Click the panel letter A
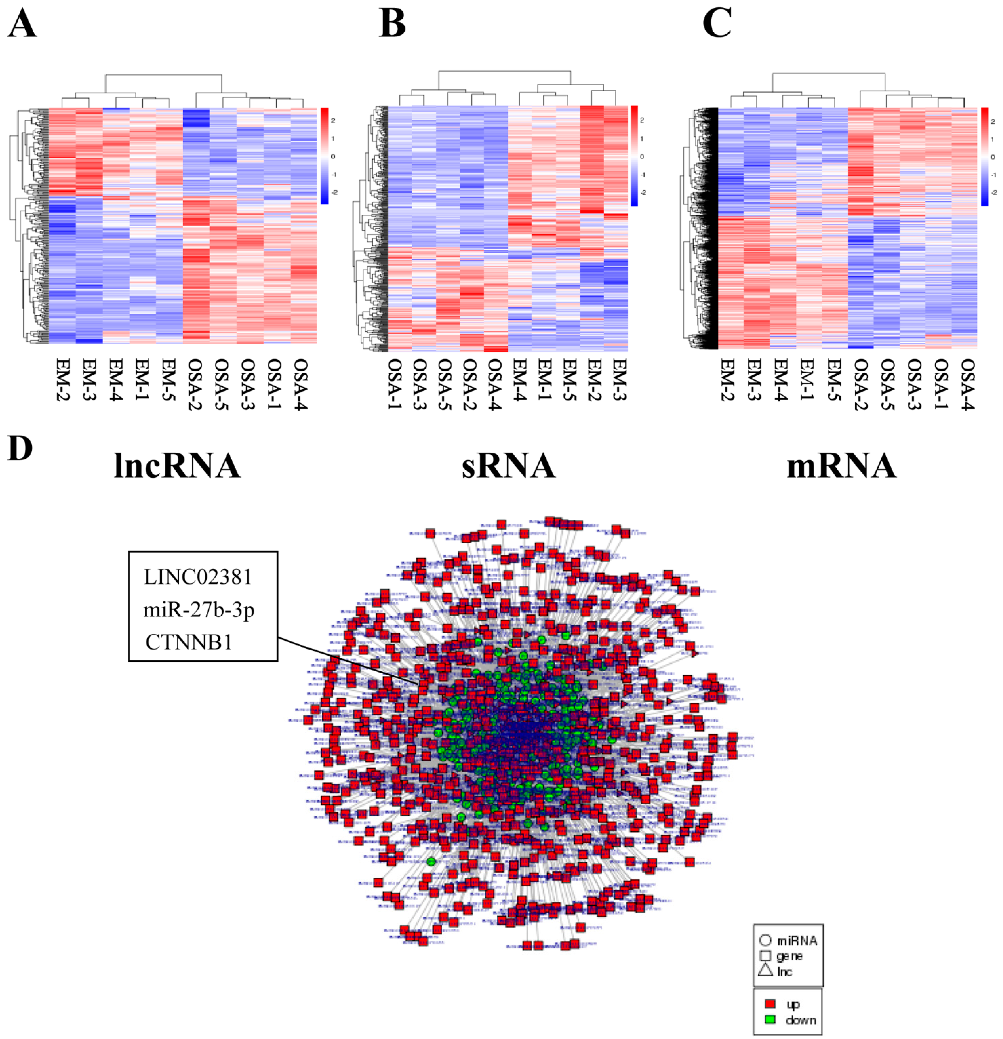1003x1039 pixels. [x=22, y=25]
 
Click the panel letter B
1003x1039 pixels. [x=392, y=25]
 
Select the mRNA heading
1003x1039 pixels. [x=841, y=466]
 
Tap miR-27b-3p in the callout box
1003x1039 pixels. [x=199, y=610]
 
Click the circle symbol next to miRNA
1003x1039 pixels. [x=765, y=940]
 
